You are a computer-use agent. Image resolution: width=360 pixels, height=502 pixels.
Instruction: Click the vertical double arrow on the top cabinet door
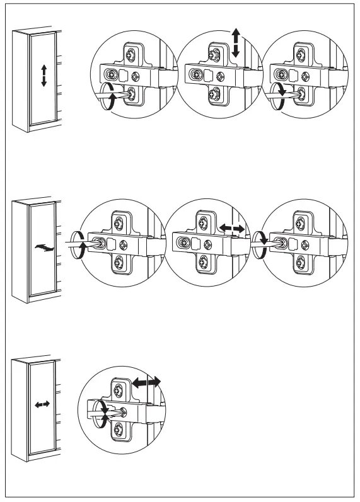[x=44, y=76]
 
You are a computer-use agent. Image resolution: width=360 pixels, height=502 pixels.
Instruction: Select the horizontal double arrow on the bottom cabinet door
[x=42, y=405]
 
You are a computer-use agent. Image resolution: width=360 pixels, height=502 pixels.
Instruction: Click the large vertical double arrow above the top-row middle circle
[x=235, y=43]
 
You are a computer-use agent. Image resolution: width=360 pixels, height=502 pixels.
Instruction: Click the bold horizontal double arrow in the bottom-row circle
[x=146, y=382]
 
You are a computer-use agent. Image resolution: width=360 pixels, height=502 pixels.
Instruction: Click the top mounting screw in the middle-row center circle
[x=204, y=222]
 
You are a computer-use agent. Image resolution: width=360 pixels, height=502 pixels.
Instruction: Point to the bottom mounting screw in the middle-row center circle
[x=204, y=261]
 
